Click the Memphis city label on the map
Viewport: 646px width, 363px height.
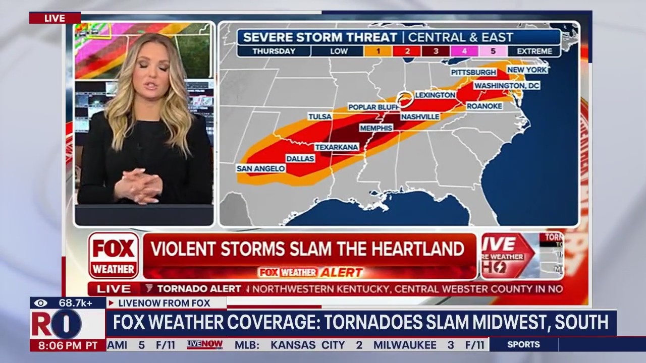[376, 128]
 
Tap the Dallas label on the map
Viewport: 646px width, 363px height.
[300, 158]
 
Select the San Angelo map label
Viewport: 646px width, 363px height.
[261, 168]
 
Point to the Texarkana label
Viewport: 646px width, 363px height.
[337, 147]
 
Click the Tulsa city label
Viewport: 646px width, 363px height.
[320, 116]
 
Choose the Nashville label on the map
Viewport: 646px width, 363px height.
[420, 116]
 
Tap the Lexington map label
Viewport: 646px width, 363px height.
[435, 95]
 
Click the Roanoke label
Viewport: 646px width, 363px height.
[484, 106]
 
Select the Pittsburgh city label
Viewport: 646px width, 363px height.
[474, 72]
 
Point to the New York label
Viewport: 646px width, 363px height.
[527, 70]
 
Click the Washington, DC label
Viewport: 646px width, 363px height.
[507, 86]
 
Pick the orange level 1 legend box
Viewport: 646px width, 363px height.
[378, 51]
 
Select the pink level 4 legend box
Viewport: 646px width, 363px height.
[464, 51]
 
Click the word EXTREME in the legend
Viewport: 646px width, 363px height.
[534, 51]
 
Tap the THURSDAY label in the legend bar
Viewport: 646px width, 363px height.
[274, 51]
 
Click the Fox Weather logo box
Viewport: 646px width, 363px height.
[114, 256]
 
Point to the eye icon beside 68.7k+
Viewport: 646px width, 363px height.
[41, 303]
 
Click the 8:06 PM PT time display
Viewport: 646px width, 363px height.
[68, 345]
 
